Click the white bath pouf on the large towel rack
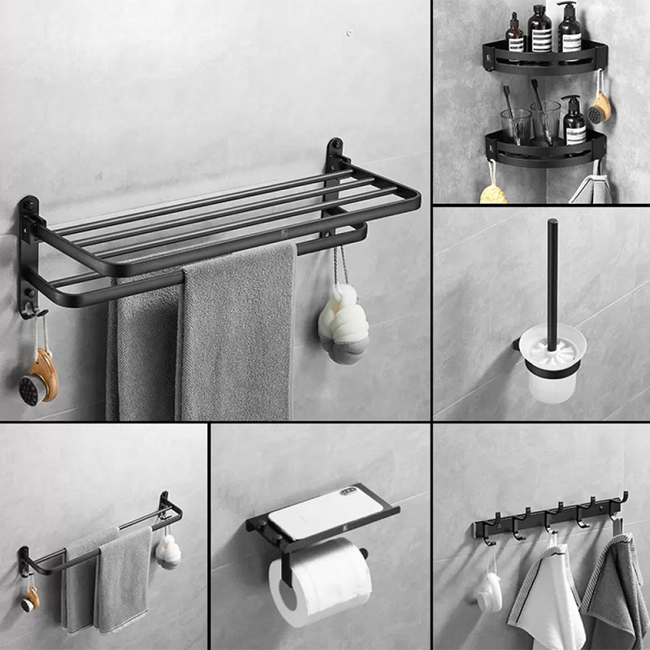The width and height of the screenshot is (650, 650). pos(342,321)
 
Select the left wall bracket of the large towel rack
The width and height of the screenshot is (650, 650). pos(28,252)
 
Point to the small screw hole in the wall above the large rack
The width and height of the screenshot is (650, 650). pos(349,33)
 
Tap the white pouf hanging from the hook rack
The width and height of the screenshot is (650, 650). pos(489,592)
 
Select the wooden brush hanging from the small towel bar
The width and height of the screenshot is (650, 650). pos(30,599)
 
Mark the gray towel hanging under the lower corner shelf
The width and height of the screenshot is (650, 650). pos(591,190)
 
